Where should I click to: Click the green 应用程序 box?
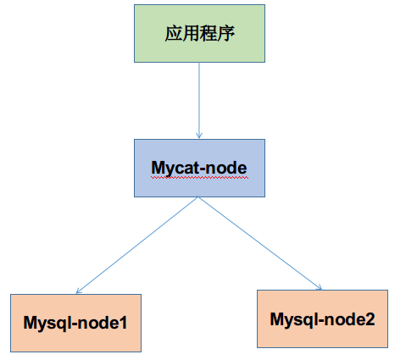[x=199, y=33]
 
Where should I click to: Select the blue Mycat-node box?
[x=199, y=168]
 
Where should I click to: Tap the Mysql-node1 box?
[x=75, y=323]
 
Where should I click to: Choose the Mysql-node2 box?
[x=322, y=318]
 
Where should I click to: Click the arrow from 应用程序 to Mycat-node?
[x=199, y=100]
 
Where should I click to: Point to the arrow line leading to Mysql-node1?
[x=137, y=245]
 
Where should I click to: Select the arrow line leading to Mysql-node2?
[x=260, y=243]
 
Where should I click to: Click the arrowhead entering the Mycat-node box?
[x=199, y=135]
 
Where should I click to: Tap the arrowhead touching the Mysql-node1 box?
[x=79, y=291]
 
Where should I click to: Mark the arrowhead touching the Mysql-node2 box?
[x=320, y=287]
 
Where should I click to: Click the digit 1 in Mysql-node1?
[x=123, y=323]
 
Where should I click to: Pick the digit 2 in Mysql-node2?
[x=370, y=319]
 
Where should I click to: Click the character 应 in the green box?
[x=174, y=33]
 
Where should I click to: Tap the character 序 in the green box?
[x=225, y=33]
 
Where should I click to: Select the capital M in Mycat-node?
[x=159, y=168]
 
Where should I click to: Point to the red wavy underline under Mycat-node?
[x=199, y=178]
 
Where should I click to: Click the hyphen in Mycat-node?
[x=201, y=169]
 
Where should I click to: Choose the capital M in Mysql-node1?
[x=31, y=323]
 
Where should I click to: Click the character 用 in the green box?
[x=191, y=33]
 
